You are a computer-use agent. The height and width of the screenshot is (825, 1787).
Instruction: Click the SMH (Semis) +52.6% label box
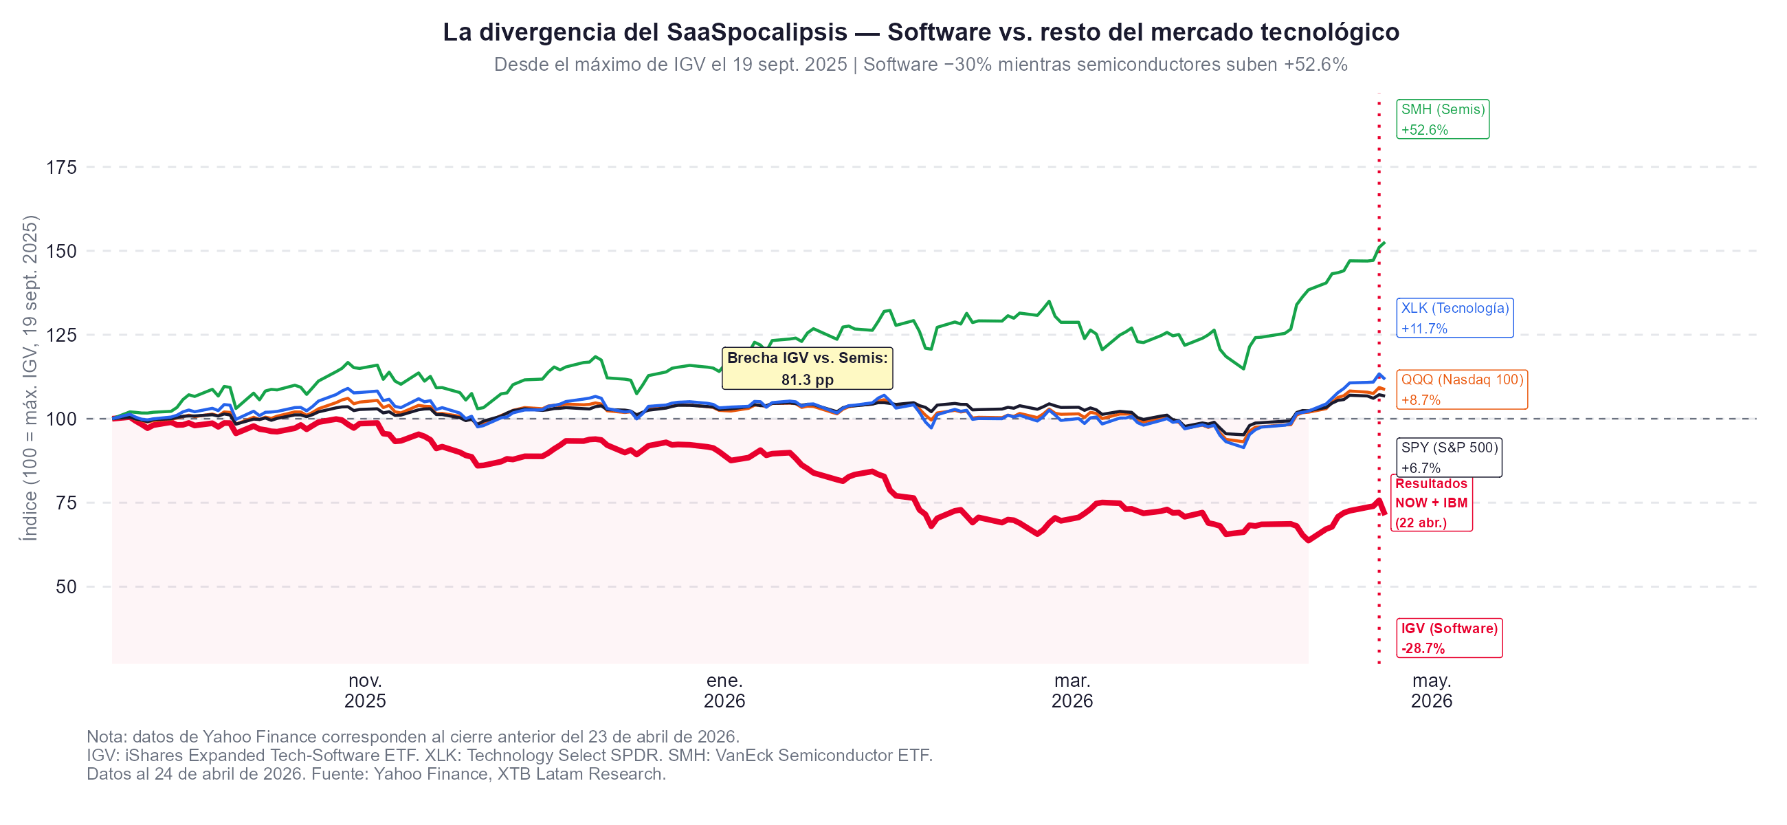coord(1441,120)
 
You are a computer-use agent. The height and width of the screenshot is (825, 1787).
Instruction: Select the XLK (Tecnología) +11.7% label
coord(1454,318)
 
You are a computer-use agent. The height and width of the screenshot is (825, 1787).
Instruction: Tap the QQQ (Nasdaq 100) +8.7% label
coord(1461,389)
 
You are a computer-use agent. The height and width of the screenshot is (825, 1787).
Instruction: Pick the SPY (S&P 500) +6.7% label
coord(1448,457)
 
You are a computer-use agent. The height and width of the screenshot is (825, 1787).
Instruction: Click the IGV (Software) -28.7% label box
coord(1448,638)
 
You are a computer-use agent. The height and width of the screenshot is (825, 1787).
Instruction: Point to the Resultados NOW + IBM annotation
coord(1430,503)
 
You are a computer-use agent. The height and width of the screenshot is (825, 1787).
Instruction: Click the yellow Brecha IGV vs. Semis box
coord(807,368)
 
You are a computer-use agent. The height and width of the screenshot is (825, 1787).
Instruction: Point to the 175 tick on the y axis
coord(61,167)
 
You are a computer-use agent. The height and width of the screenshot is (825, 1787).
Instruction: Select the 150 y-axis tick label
coord(61,251)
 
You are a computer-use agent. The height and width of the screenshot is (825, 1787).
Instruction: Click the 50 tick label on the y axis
coord(66,587)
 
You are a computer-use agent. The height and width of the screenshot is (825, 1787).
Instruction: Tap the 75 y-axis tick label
coord(66,503)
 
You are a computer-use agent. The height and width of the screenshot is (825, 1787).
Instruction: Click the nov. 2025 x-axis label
coord(365,691)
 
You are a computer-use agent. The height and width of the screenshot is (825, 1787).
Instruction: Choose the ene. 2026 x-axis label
coord(724,691)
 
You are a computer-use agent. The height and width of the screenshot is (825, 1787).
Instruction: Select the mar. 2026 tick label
coord(1072,691)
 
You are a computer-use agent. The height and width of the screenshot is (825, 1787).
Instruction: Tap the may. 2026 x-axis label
coord(1431,691)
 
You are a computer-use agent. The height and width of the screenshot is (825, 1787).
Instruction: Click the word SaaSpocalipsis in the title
coord(757,32)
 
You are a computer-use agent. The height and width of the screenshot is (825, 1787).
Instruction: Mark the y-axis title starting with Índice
coord(30,378)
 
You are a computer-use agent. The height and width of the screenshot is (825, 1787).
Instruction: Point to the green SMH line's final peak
coord(1384,243)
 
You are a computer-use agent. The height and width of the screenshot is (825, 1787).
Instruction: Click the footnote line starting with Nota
coord(413,736)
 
